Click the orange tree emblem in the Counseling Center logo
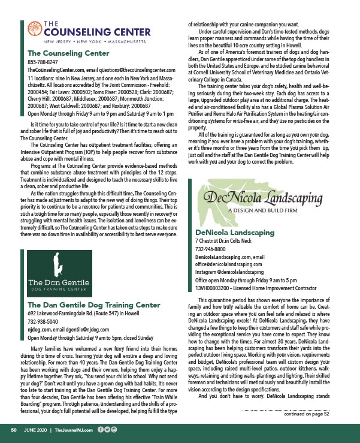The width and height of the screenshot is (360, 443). tap(35, 28)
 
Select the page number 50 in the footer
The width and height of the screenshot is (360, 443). tap(12, 429)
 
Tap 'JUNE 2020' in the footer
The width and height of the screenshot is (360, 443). tap(35, 429)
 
